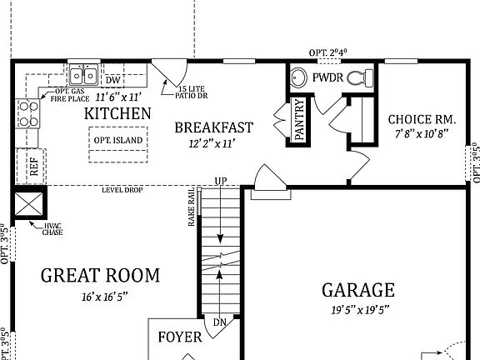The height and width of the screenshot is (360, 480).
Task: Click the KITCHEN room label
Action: pyautogui.click(x=117, y=113)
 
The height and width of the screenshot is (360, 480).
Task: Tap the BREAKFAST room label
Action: pyautogui.click(x=213, y=127)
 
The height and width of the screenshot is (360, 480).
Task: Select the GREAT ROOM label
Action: pyautogui.click(x=100, y=275)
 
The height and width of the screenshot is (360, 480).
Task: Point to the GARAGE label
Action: pyautogui.click(x=358, y=290)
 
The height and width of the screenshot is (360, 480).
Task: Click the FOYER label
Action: pyautogui.click(x=180, y=337)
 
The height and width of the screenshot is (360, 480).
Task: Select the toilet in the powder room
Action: pyautogui.click(x=357, y=78)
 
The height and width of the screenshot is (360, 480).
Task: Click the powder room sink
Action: pyautogui.click(x=299, y=77)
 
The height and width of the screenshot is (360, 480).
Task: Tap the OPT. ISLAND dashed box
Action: pyautogui.click(x=117, y=140)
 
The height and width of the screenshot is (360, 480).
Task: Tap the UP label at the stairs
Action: pyautogui.click(x=221, y=181)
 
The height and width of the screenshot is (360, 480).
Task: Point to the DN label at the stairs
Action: pyautogui.click(x=219, y=322)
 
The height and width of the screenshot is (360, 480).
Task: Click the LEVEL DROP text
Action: pyautogui.click(x=122, y=190)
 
